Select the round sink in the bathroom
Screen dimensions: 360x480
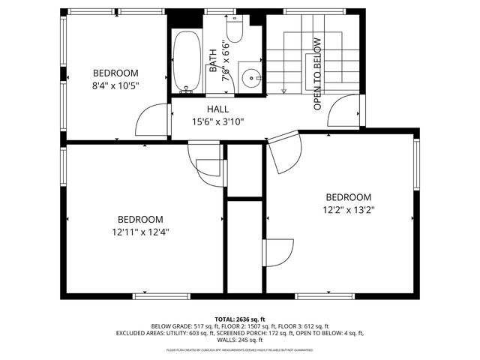tap(250, 75)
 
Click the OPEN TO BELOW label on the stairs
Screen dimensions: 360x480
tap(317, 73)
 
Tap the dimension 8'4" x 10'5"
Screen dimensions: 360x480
tap(116, 85)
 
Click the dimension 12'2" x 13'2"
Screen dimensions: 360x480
tap(349, 211)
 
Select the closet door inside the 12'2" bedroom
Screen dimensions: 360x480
tap(278, 252)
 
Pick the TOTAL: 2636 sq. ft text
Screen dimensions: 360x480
tap(240, 319)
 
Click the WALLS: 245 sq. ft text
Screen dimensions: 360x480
tap(240, 340)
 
